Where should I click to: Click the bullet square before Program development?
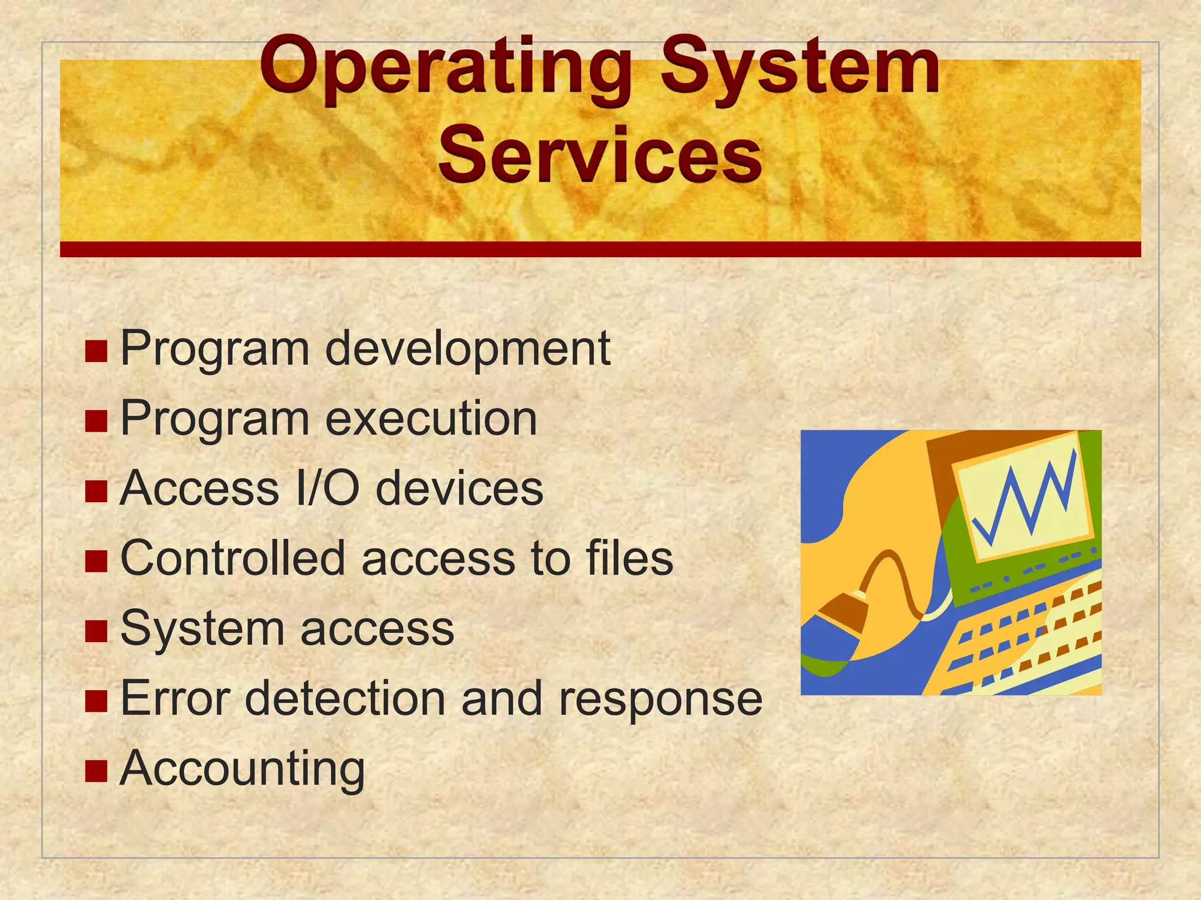[x=96, y=351]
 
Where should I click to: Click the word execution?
[x=431, y=419]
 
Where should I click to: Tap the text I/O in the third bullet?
[x=327, y=489]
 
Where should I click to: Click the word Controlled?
[x=232, y=558]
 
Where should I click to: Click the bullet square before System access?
[x=96, y=631]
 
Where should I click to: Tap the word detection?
[x=345, y=698]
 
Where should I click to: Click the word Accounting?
[x=242, y=769]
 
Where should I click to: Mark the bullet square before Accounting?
[x=96, y=771]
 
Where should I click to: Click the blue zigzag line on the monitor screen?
[x=1026, y=498]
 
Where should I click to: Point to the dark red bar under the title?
[x=600, y=249]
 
